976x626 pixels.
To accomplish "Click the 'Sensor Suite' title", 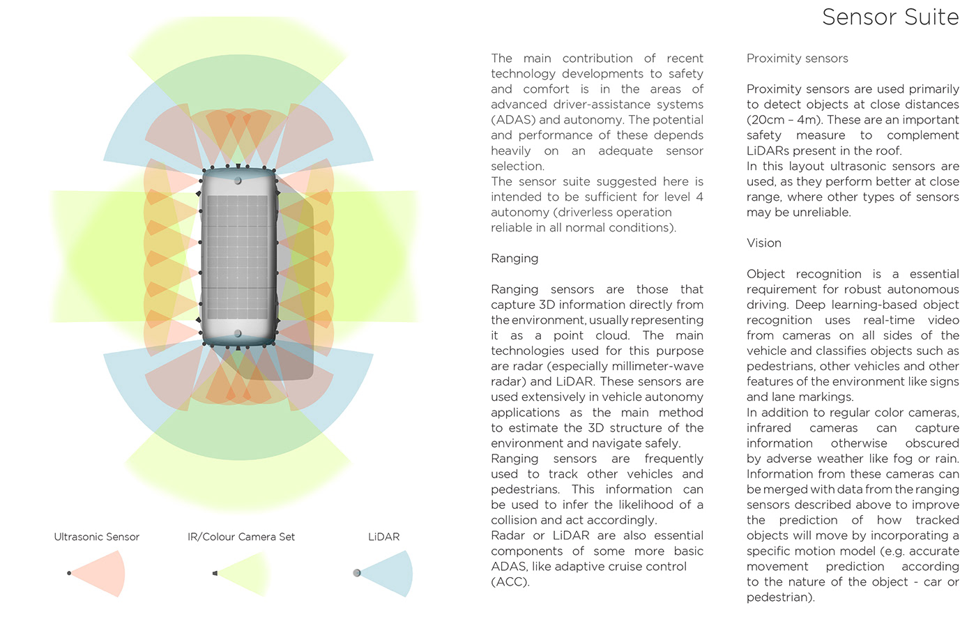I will [890, 17].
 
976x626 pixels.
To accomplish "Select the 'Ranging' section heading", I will [514, 259].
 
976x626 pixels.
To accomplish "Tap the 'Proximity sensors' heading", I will [797, 59].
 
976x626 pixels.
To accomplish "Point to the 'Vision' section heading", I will [763, 243].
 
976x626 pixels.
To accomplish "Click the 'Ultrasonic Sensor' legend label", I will [97, 537].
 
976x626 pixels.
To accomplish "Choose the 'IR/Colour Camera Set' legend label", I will [241, 537].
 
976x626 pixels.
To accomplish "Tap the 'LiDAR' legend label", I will [383, 537].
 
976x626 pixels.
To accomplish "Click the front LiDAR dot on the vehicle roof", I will [238, 181].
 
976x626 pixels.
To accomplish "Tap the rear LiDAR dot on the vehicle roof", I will [238, 334].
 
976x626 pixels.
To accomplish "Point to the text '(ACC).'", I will [510, 582].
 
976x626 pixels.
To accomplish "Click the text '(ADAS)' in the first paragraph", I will [512, 120].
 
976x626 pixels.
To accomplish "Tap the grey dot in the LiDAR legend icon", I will [357, 573].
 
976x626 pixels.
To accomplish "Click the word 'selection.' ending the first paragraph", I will [517, 166].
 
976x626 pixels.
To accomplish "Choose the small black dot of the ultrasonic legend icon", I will [69, 573].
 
